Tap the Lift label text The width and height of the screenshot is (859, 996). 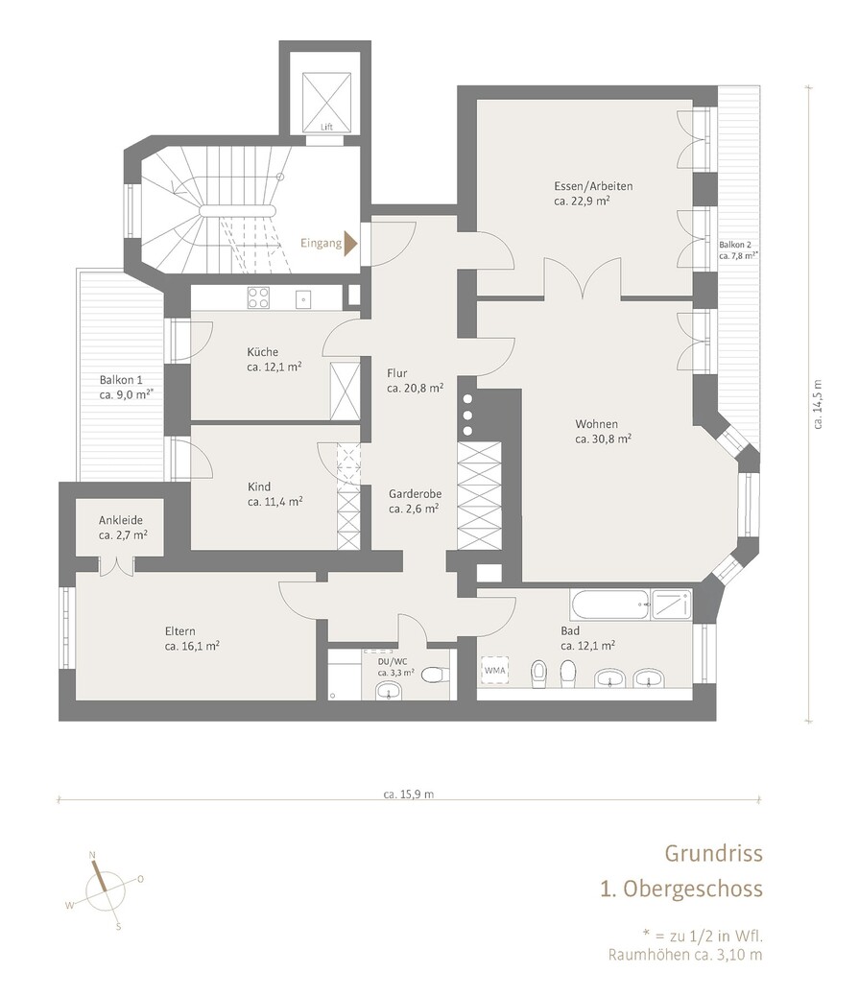click(326, 127)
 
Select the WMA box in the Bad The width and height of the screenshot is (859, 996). click(495, 670)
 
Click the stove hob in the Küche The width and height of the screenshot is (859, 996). click(258, 297)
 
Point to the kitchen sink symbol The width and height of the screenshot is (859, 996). click(303, 297)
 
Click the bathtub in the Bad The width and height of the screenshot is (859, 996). click(610, 605)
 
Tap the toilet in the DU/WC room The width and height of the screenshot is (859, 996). click(435, 674)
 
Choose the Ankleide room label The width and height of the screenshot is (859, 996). click(121, 520)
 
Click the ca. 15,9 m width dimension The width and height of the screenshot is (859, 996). click(409, 794)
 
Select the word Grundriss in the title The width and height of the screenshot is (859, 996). click(713, 853)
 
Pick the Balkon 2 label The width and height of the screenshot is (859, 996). click(735, 245)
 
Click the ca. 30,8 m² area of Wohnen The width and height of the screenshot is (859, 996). click(603, 439)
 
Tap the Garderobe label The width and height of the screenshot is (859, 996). click(415, 493)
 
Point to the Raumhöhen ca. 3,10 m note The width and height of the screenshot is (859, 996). click(685, 955)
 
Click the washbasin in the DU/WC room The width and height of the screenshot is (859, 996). click(388, 690)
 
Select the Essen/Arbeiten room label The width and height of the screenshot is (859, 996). click(593, 186)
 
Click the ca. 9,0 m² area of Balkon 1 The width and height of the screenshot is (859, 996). click(127, 394)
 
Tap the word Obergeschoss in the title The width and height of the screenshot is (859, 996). click(693, 888)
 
